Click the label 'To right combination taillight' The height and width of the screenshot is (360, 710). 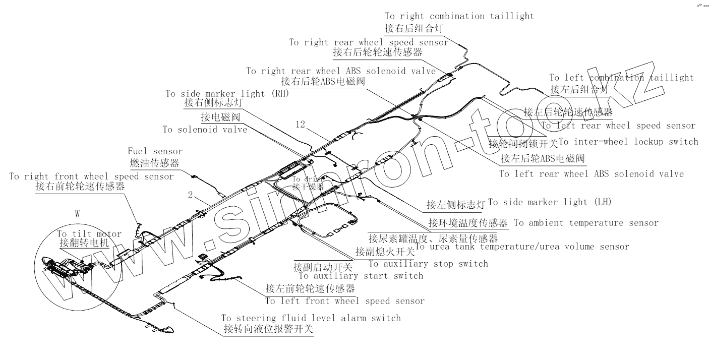[x=459, y=16]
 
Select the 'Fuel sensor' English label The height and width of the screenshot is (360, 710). [x=155, y=151]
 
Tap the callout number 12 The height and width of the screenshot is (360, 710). [x=301, y=125]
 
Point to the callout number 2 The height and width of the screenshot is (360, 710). [x=190, y=195]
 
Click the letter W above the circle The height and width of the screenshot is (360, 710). [x=77, y=214]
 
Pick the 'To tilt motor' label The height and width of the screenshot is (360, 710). [x=89, y=234]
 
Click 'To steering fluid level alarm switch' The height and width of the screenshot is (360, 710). [x=311, y=318]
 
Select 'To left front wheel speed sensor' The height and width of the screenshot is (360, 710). [x=345, y=301]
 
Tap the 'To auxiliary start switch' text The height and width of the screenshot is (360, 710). [x=361, y=276]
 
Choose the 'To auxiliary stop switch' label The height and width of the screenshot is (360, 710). [x=428, y=263]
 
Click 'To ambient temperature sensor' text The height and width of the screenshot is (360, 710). [x=586, y=223]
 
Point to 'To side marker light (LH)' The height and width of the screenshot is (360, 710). [x=550, y=202]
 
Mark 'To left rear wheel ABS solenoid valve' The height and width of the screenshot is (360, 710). [x=591, y=174]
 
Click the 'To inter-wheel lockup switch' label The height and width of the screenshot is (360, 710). [x=629, y=142]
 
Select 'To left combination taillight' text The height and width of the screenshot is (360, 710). [x=621, y=78]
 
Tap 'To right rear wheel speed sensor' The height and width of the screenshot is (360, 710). [x=369, y=42]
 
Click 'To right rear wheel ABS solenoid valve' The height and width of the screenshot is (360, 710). [x=341, y=71]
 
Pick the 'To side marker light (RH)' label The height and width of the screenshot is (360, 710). [x=227, y=94]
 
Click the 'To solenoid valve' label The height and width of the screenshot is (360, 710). [x=205, y=130]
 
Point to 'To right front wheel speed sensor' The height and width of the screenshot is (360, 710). [x=91, y=176]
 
